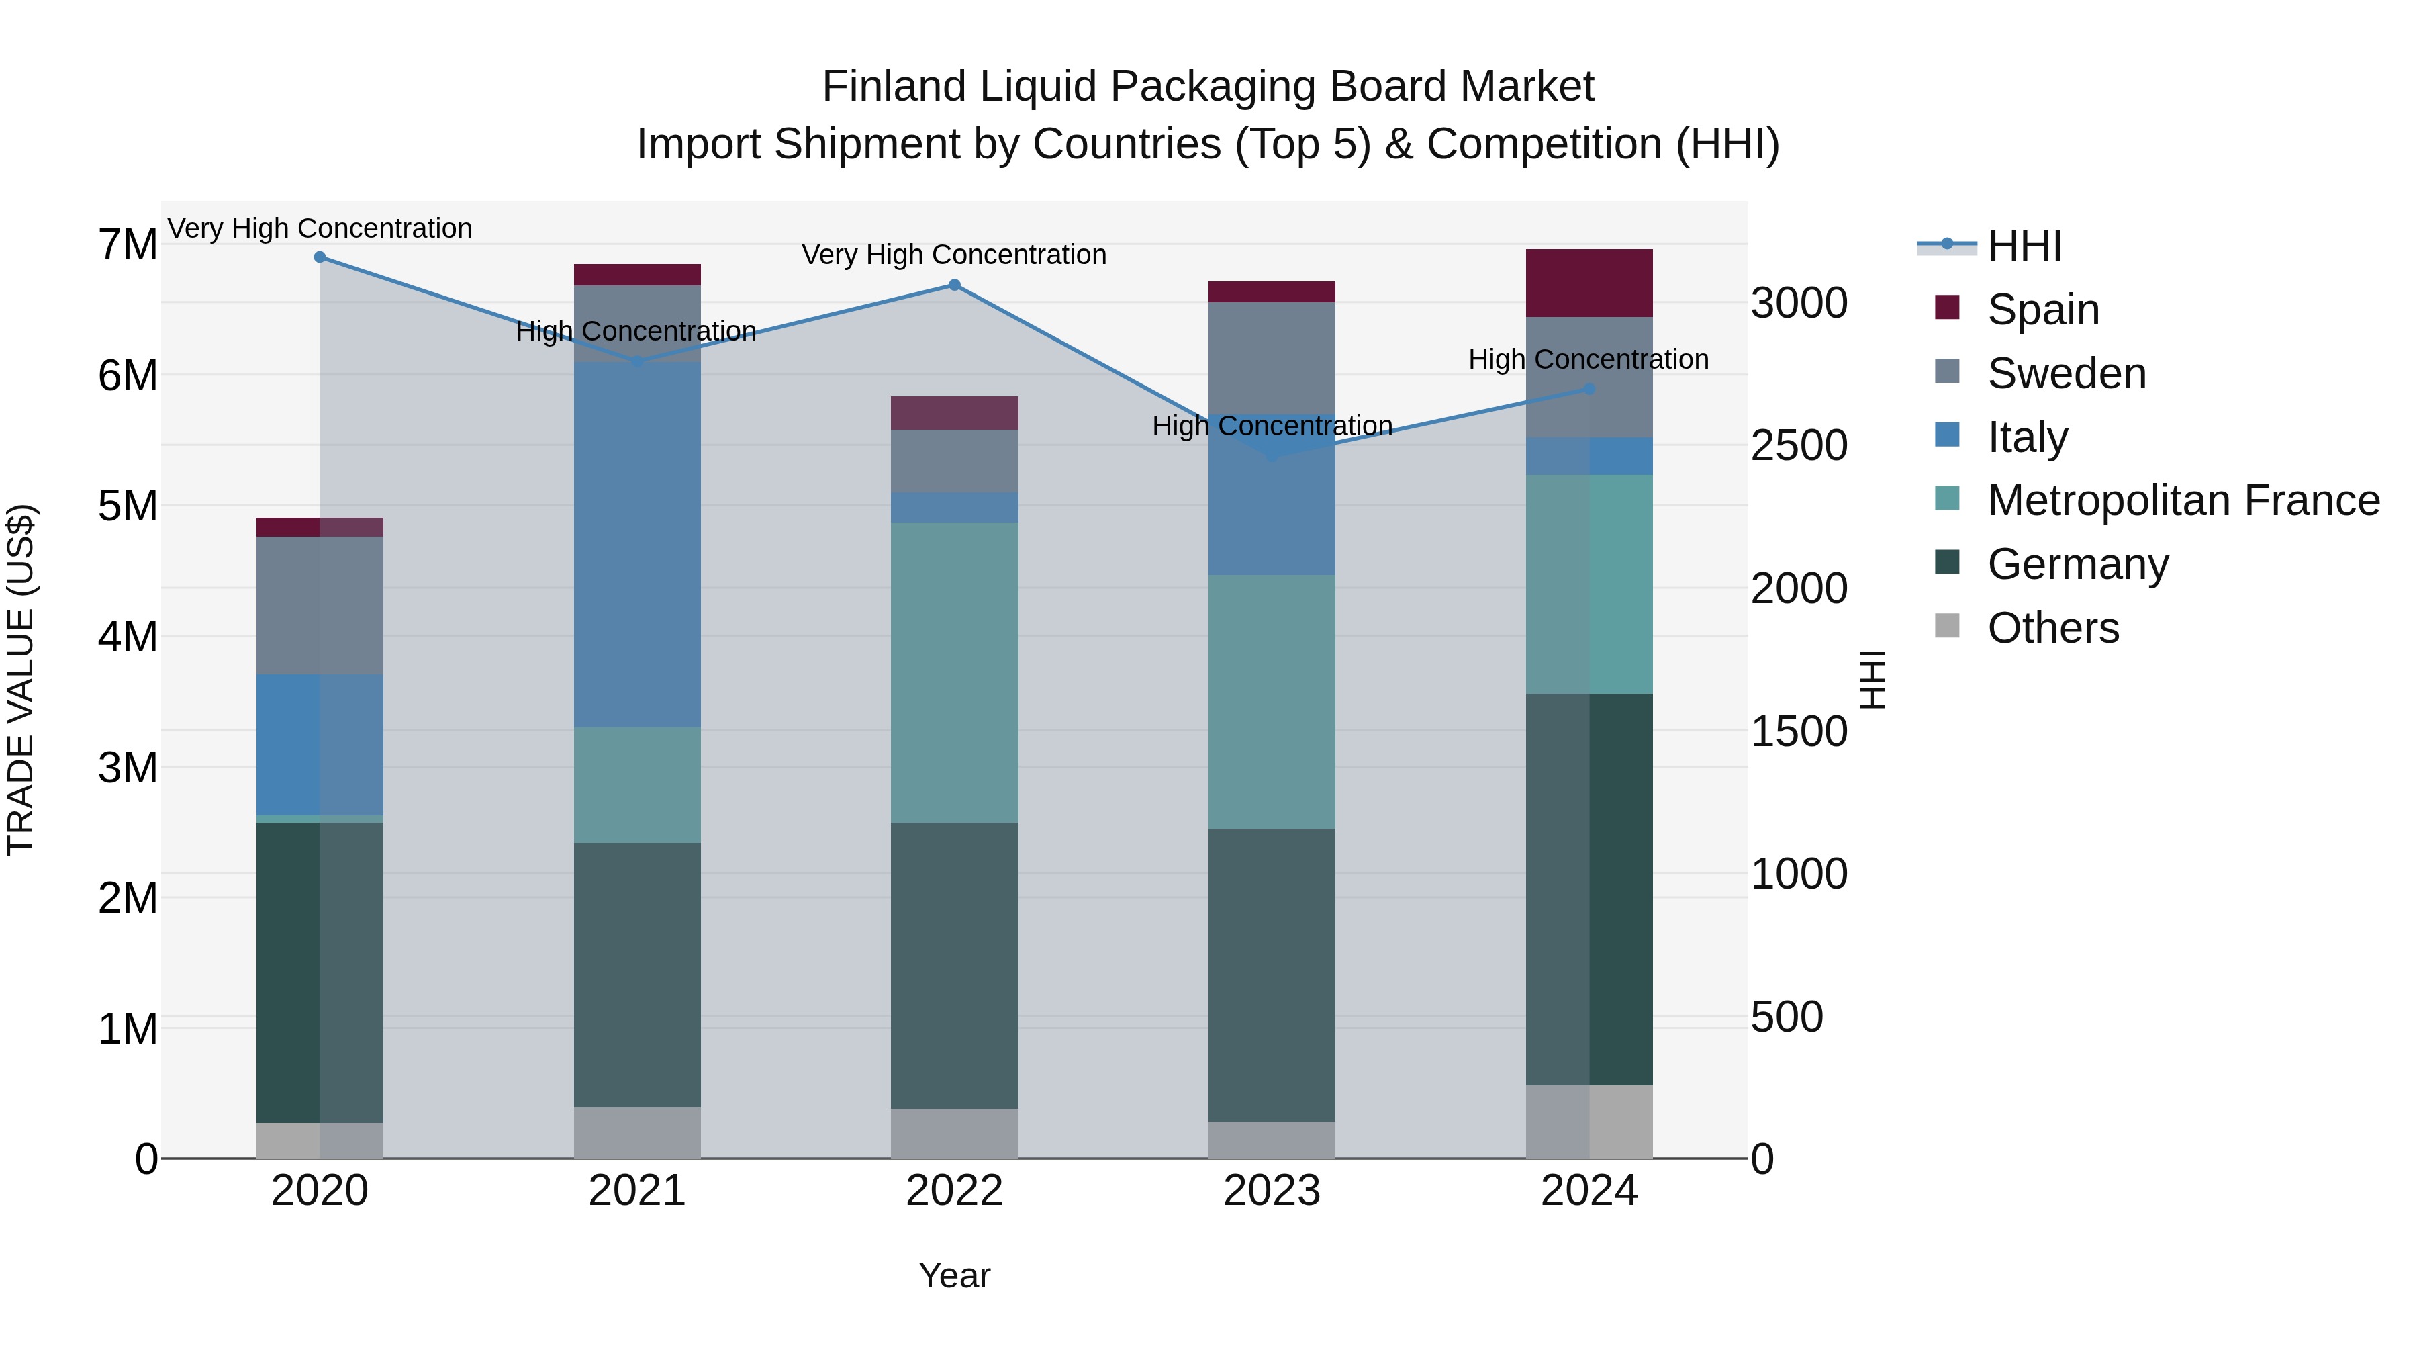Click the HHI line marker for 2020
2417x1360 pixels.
point(320,257)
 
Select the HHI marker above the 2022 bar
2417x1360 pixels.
point(954,284)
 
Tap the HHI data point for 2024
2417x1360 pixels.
point(1589,389)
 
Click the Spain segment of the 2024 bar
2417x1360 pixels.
point(1589,283)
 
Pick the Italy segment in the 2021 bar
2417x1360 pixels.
point(637,545)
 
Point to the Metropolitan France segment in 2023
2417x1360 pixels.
point(1272,701)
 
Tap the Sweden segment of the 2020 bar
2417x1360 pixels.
point(320,605)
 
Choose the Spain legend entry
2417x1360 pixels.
point(2042,310)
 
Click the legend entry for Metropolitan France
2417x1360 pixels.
point(2183,500)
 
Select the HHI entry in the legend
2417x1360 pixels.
point(2024,246)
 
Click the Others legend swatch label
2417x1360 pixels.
point(2052,628)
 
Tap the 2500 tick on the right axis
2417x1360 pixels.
point(1799,446)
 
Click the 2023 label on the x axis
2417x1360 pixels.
point(1272,1191)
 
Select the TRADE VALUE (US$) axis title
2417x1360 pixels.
point(21,680)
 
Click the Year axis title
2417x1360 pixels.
point(954,1275)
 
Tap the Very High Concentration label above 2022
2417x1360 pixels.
point(954,255)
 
